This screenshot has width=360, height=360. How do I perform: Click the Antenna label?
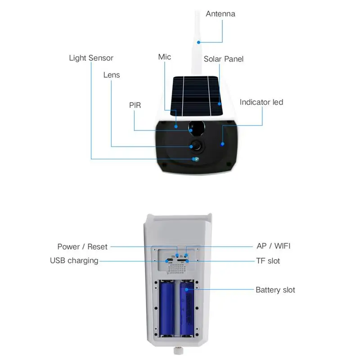220,14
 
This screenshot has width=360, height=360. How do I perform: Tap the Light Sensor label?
91,58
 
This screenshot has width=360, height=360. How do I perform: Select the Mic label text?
165,57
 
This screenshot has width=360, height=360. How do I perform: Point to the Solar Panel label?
224,59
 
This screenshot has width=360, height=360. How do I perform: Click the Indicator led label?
261,102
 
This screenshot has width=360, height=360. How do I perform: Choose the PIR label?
135,105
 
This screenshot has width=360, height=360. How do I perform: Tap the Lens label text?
112,75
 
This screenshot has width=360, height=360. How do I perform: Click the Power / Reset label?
82,247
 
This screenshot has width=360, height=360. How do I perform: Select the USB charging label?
74,261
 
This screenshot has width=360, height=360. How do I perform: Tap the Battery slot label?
275,290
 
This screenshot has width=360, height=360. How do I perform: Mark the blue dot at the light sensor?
195,158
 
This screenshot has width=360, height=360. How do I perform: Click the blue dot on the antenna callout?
198,42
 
